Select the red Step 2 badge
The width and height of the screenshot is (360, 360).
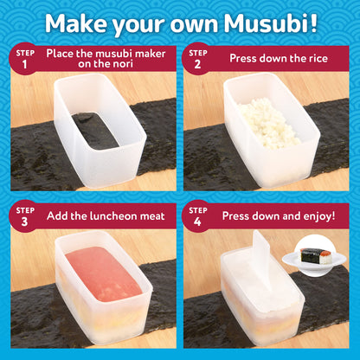200,60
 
